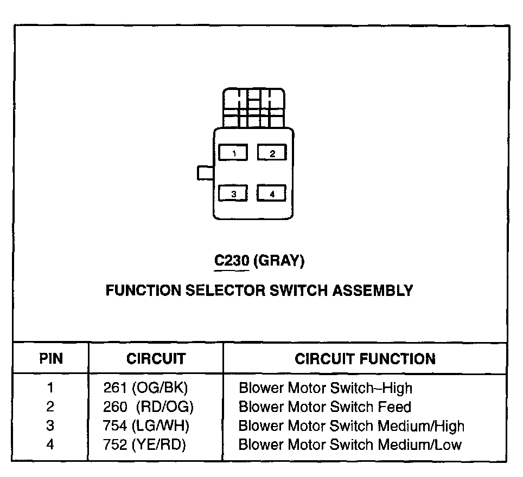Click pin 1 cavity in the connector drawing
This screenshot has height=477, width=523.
233,153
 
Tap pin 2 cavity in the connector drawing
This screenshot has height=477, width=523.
272,153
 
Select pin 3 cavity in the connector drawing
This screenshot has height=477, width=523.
233,194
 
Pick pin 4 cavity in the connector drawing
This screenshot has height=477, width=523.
272,194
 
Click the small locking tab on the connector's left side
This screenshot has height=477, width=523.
206,173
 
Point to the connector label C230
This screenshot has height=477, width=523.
232,261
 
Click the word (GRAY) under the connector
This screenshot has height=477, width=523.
279,261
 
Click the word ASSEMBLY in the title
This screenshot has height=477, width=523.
372,291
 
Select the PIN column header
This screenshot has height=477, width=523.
50,359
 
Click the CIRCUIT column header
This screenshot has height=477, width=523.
156,359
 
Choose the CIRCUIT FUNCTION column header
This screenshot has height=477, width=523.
365,359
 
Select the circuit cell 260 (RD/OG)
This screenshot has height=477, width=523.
148,407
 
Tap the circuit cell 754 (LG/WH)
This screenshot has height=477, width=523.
146,426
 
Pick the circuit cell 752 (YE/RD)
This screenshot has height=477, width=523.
144,445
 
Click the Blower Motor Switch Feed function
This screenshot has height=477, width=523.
325,407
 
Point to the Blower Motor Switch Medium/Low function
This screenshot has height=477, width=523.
350,445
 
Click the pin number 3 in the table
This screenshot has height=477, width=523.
50,426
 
